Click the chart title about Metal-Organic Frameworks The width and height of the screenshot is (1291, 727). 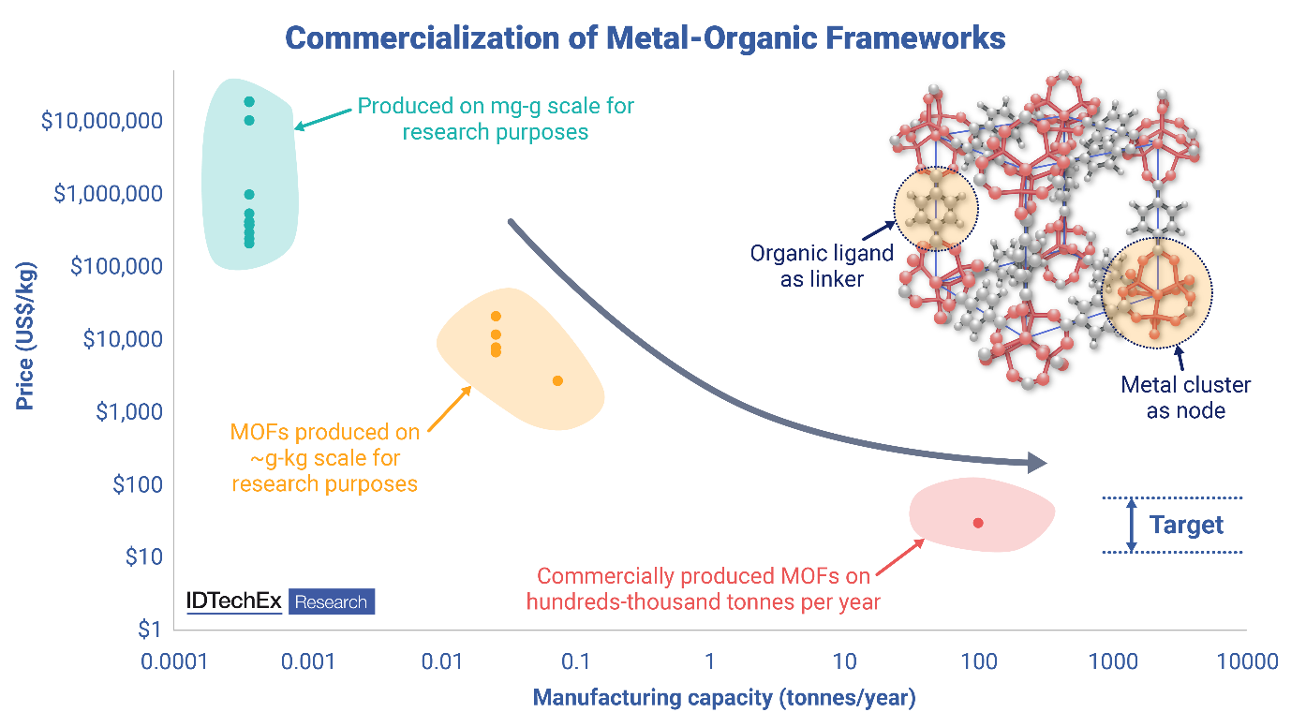(645, 38)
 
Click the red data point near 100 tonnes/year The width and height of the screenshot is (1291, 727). (978, 523)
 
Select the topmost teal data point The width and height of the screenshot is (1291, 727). (249, 101)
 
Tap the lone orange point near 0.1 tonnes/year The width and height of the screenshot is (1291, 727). (557, 380)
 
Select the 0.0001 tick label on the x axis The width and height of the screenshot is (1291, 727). (174, 662)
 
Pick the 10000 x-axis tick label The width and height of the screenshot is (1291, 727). (1246, 662)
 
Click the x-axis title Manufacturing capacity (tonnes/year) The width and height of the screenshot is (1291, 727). (723, 698)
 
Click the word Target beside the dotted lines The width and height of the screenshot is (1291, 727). (1186, 525)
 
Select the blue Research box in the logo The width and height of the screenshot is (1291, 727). (332, 601)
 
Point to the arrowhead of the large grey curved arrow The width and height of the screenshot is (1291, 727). (1037, 462)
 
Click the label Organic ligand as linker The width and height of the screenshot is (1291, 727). (822, 265)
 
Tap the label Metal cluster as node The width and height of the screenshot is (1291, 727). (1185, 397)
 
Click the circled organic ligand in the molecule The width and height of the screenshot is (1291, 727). (935, 210)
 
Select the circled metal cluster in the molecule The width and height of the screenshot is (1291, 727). (1157, 292)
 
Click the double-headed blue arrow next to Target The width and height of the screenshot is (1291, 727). (1132, 525)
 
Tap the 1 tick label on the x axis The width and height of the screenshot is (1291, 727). (710, 662)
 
